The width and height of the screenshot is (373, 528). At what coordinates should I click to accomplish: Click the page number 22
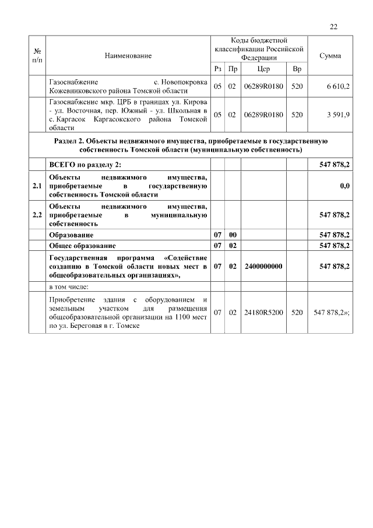tap(333, 26)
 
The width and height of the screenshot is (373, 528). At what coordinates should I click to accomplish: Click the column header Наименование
tap(128, 55)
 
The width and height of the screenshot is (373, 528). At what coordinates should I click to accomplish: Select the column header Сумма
tap(330, 55)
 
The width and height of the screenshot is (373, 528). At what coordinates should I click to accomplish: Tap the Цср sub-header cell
tap(263, 69)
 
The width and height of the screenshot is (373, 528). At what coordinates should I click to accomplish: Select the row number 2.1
tap(38, 186)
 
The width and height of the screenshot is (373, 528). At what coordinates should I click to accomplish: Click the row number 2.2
tap(38, 215)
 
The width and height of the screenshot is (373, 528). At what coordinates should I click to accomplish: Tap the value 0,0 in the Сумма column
tap(344, 186)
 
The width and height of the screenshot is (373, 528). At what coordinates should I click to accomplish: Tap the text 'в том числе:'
tap(69, 286)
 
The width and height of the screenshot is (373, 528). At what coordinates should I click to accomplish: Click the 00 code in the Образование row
tap(232, 235)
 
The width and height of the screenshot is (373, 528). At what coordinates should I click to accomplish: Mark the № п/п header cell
tap(38, 55)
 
